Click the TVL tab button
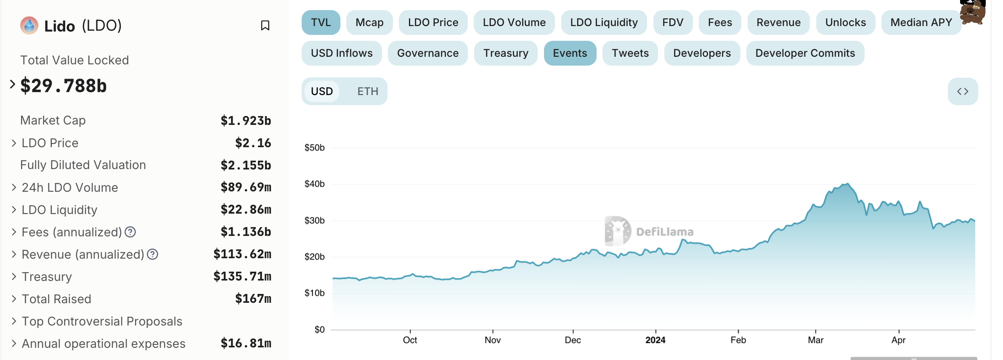321,22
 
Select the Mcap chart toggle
369,22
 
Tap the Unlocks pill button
845,22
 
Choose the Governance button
427,53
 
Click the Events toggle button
570,53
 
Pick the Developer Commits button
805,53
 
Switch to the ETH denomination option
368,91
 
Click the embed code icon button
963,91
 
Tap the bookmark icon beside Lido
265,26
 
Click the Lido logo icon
29,25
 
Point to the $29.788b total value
64,86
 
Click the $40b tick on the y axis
314,184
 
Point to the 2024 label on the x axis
655,340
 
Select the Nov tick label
493,340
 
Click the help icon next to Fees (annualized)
130,232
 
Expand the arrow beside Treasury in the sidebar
14,276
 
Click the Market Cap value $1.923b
246,121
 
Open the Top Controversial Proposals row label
102,321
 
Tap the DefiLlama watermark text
664,232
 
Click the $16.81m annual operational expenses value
246,344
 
